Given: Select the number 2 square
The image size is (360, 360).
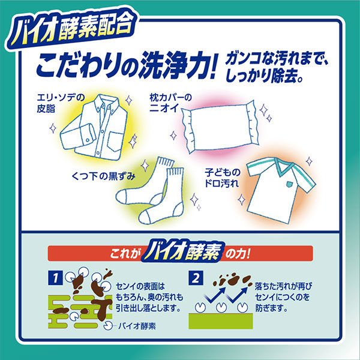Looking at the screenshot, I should pos(196,278).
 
